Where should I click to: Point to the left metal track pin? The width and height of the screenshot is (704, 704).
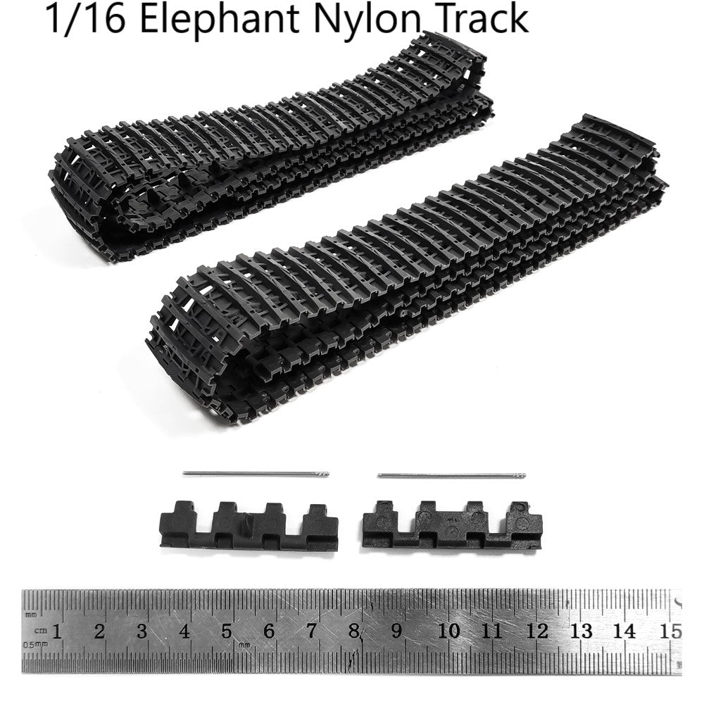(256, 473)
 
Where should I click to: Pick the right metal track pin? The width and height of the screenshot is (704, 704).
(452, 475)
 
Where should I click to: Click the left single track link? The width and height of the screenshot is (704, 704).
(249, 526)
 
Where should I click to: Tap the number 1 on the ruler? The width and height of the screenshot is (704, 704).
(57, 631)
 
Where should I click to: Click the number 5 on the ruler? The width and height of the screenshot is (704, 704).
(227, 631)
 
